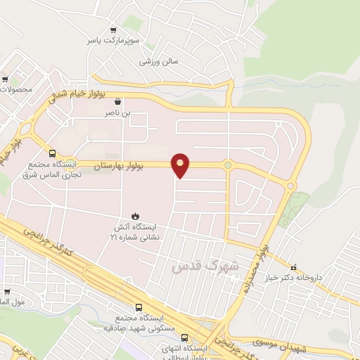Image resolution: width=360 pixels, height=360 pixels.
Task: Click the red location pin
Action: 181,165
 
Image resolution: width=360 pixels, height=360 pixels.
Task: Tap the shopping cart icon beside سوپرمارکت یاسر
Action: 113,30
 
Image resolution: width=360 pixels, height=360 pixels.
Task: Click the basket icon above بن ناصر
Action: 118,101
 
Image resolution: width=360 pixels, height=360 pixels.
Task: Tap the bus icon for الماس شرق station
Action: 52,153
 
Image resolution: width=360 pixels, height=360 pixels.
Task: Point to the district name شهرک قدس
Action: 205,265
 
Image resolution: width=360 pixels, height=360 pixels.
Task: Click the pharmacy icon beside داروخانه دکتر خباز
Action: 294,266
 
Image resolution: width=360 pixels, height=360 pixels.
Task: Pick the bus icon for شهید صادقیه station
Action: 139,307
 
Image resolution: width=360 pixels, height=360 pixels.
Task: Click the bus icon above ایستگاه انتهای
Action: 184,337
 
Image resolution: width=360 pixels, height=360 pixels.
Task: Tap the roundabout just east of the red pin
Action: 228,165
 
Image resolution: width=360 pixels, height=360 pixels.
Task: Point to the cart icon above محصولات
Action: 6,79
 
